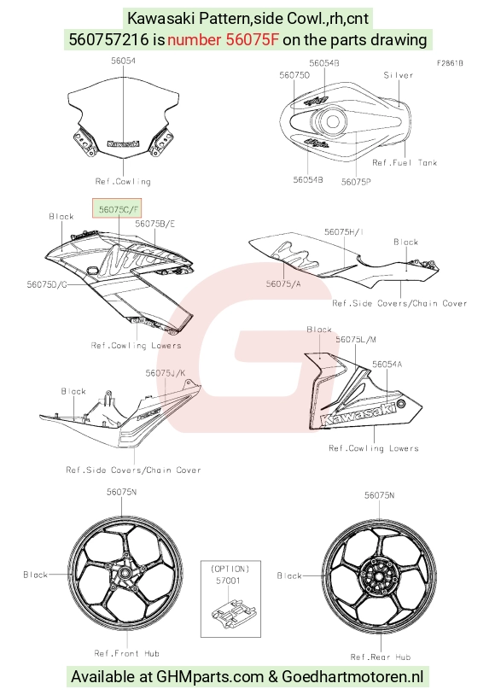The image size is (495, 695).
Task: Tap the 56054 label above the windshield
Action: pyautogui.click(x=123, y=61)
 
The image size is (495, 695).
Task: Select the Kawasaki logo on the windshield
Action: pyautogui.click(x=123, y=143)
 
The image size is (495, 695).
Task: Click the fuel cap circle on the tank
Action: pyautogui.click(x=333, y=121)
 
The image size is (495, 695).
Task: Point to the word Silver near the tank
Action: pyautogui.click(x=399, y=75)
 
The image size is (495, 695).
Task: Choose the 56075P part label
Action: pyautogui.click(x=356, y=182)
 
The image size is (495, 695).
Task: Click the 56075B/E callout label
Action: pyautogui.click(x=154, y=224)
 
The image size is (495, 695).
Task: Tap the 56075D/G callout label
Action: pyautogui.click(x=47, y=284)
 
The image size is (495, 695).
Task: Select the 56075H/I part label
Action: pyautogui.click(x=344, y=232)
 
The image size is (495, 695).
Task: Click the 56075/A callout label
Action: pyautogui.click(x=283, y=283)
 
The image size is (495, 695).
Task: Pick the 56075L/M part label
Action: pyautogui.click(x=356, y=340)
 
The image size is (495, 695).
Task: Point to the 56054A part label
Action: pyautogui.click(x=387, y=365)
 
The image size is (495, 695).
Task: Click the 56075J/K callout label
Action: pyautogui.click(x=166, y=373)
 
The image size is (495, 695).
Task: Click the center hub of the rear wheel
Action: pyautogui.click(x=379, y=576)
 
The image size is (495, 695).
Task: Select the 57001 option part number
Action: pyautogui.click(x=228, y=581)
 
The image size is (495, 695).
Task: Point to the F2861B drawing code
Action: pyautogui.click(x=450, y=63)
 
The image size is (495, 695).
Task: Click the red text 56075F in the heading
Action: pyautogui.click(x=253, y=40)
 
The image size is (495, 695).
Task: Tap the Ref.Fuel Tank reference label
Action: pyautogui.click(x=405, y=163)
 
